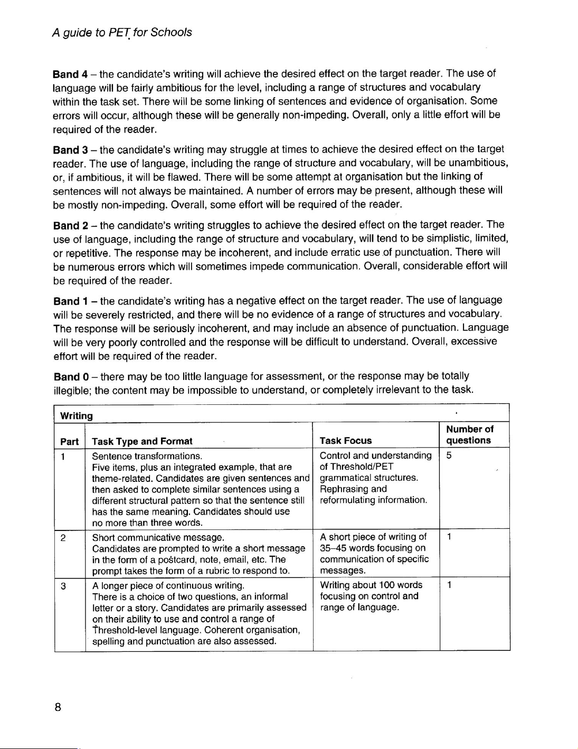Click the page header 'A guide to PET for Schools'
coord(122,33)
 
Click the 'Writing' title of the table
coord(77,416)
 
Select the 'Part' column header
coord(70,441)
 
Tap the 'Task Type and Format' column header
coord(142,441)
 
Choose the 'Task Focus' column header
coord(346,441)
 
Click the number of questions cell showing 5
coord(449,456)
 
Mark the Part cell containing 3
coord(63,585)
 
